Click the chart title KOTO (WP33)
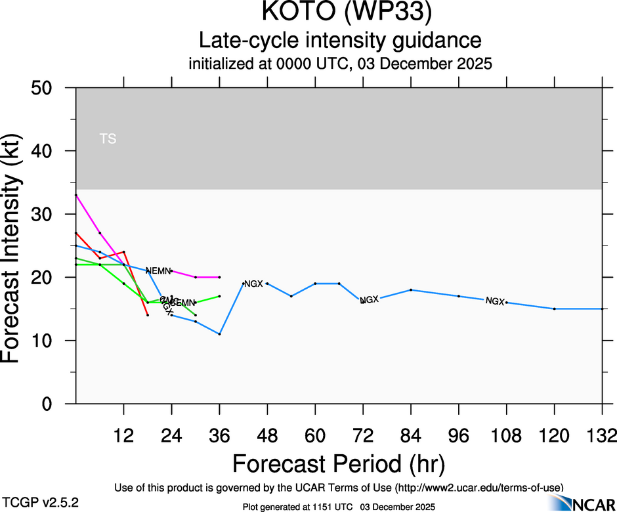[339, 14]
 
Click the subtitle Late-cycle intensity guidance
[339, 41]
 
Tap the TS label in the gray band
[108, 139]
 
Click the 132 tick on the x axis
[603, 437]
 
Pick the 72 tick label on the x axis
[363, 437]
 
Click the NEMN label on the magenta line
[158, 270]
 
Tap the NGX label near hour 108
[495, 301]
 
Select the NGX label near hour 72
[369, 299]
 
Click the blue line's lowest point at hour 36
[219, 334]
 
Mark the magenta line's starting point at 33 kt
[76, 195]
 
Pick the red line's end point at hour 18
[148, 315]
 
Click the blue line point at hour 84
[411, 289]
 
